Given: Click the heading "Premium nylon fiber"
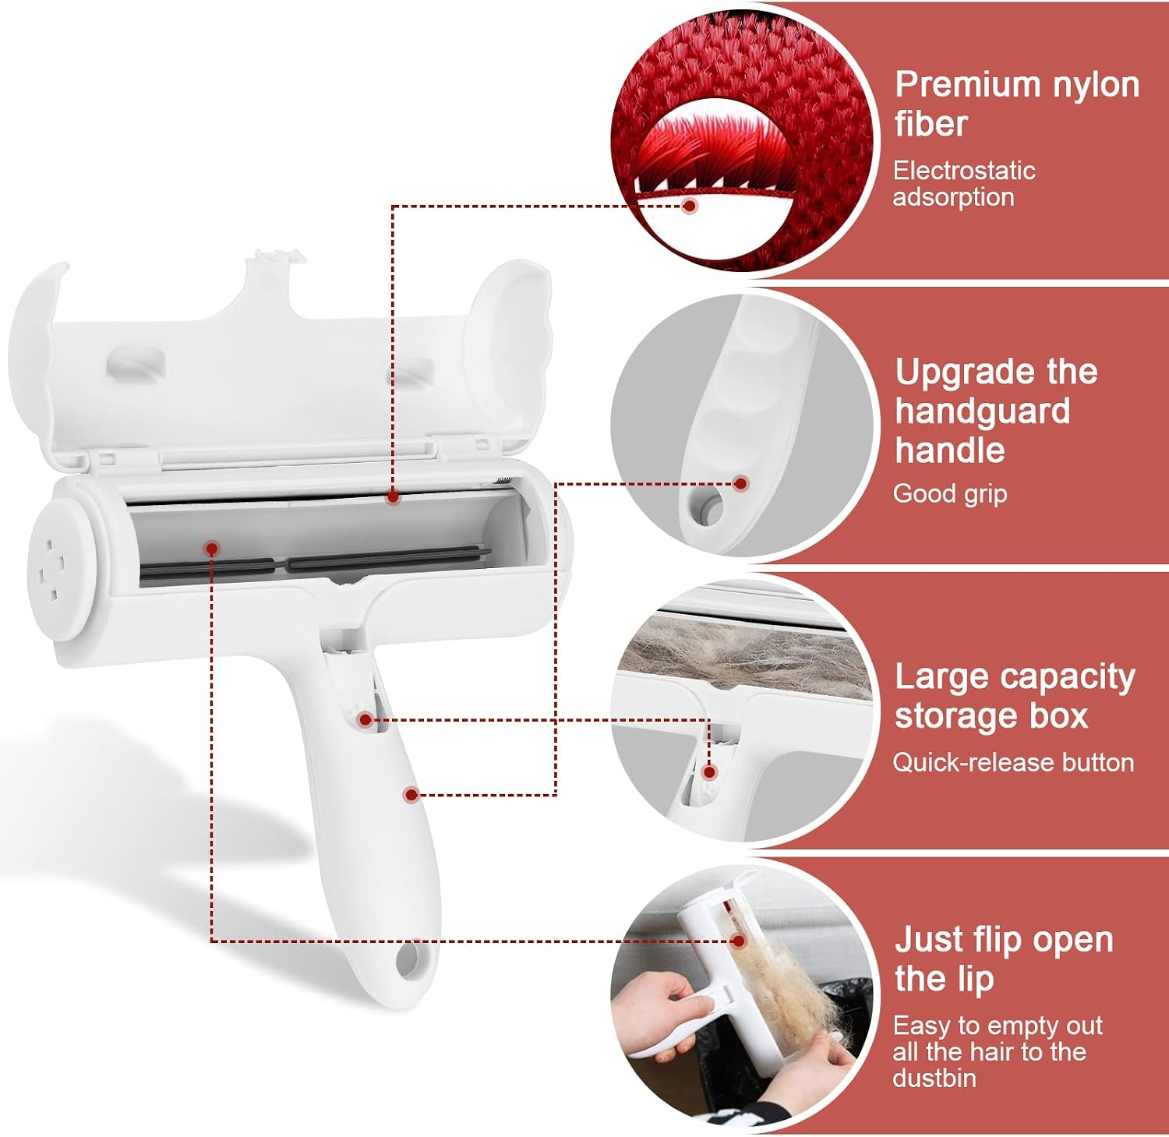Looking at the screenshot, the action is [x=1017, y=104].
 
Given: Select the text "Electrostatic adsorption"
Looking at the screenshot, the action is [x=964, y=184].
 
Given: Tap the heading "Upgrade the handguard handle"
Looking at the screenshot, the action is [x=996, y=411].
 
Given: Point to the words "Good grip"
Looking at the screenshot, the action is [x=950, y=493].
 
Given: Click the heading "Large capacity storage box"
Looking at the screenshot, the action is [x=1015, y=696].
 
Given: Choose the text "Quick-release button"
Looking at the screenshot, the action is [x=1013, y=762].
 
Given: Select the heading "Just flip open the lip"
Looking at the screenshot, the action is [x=1004, y=959].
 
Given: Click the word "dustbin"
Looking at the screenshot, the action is [x=934, y=1079].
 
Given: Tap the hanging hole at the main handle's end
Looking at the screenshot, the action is [x=407, y=961].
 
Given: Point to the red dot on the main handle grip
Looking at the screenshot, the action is [x=411, y=795].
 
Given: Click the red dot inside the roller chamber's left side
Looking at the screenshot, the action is [x=211, y=549].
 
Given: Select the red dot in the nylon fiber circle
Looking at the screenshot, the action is [x=689, y=207].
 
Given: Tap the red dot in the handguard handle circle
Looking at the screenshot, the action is [x=741, y=484].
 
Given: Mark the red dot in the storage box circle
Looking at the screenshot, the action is [x=709, y=772].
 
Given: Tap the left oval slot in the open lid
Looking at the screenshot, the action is [x=136, y=363].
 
